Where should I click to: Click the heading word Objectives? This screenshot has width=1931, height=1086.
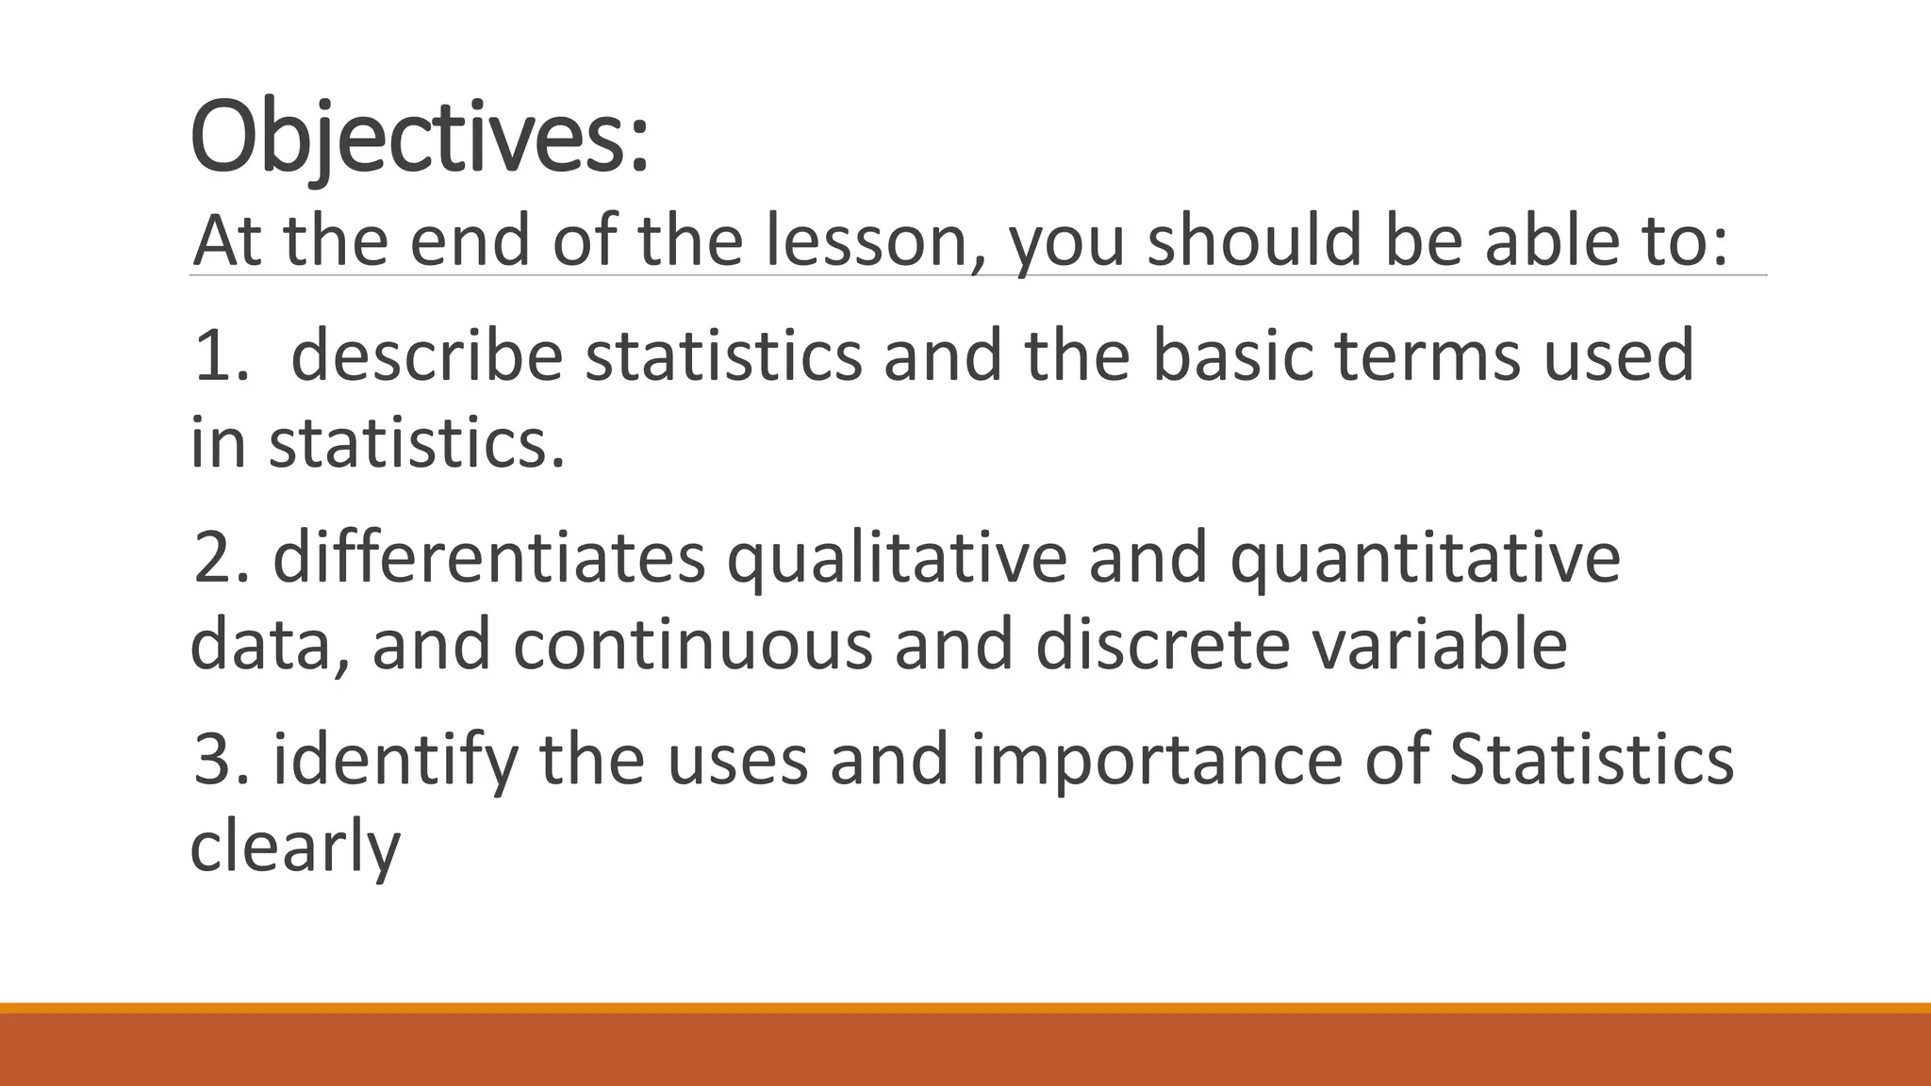click(420, 140)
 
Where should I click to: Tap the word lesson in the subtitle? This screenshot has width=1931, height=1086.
click(867, 241)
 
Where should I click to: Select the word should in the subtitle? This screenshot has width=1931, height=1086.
click(1255, 241)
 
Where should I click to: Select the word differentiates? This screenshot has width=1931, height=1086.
click(489, 558)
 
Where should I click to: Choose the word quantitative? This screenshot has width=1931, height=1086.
click(1425, 558)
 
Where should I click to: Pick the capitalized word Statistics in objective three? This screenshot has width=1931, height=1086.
click(1591, 760)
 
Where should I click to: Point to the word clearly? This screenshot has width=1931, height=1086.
click(295, 847)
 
